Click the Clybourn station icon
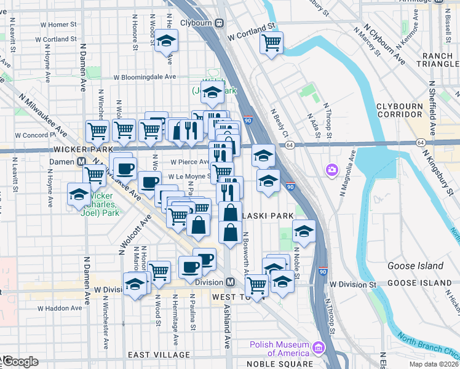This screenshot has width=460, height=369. [218, 23]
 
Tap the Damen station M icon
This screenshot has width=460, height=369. [81, 162]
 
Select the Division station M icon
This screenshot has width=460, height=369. [231, 282]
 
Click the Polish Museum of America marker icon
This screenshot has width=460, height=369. [318, 347]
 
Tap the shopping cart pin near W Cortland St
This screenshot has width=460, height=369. [271, 42]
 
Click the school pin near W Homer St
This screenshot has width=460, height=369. [165, 41]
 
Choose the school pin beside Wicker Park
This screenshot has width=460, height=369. [78, 194]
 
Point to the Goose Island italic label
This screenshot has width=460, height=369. [416, 266]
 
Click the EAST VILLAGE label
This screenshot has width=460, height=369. [159, 355]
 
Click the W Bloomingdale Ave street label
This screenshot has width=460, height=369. [145, 77]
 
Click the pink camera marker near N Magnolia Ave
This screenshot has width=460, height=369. [332, 169]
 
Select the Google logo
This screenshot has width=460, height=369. [20, 361]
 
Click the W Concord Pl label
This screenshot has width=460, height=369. [36, 135]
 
